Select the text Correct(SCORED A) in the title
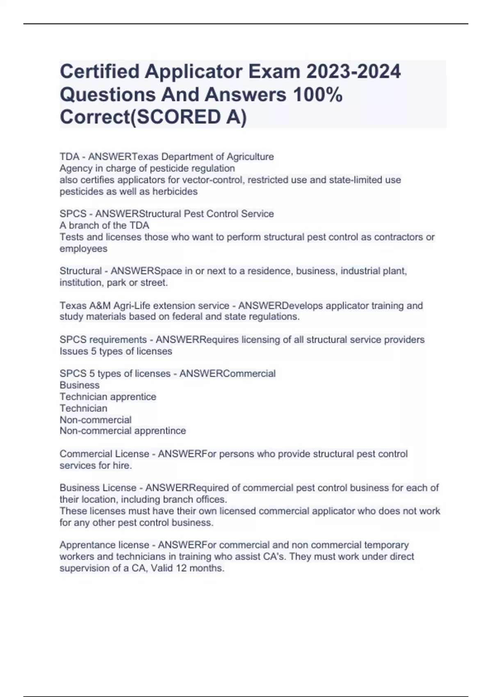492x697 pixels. pos(153,117)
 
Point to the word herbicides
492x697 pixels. pos(175,191)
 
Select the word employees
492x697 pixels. pos(83,249)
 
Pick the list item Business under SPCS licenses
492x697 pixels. pos(80,385)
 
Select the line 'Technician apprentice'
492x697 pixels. pos(108,397)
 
